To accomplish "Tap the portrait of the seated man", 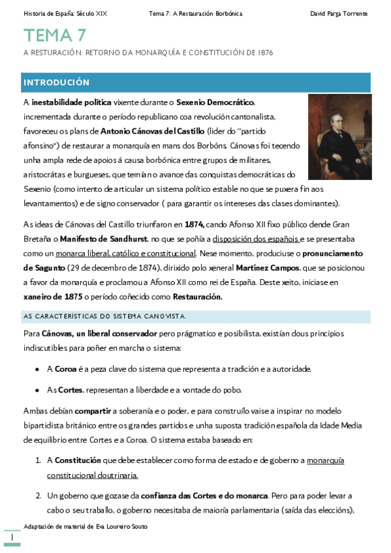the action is (339, 136).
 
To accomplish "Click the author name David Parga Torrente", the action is (339, 13).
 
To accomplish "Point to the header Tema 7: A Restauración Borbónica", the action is (195, 13).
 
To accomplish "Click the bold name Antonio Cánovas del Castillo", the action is (148, 130).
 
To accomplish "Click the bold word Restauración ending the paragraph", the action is (198, 297).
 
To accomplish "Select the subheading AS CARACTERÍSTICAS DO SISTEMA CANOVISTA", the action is (105, 316).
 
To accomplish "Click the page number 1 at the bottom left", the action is (12, 536).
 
